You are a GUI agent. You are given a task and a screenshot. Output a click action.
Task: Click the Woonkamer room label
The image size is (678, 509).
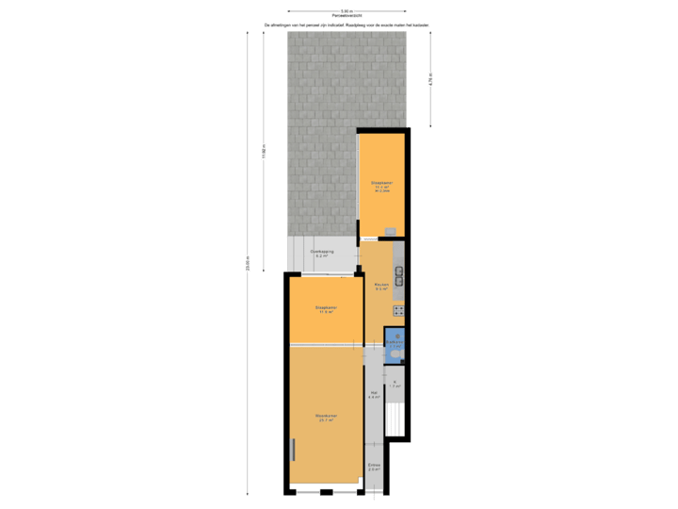(327, 417)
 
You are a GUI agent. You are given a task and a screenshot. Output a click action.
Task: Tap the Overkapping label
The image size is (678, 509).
(321, 254)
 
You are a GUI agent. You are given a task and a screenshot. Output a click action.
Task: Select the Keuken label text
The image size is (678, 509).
(381, 287)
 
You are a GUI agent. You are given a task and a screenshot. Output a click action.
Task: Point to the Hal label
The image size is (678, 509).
(374, 395)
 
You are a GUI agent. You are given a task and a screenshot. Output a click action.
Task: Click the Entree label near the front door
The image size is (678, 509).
(374, 467)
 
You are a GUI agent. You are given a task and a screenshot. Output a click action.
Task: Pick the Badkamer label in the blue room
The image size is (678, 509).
(395, 344)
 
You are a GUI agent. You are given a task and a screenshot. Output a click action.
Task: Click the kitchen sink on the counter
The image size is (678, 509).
(399, 275)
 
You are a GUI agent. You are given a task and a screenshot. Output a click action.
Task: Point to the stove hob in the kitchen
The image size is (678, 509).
(399, 309)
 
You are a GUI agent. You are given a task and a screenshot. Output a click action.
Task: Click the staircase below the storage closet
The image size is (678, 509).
(396, 419)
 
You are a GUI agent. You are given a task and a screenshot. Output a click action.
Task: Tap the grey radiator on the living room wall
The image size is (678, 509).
(294, 450)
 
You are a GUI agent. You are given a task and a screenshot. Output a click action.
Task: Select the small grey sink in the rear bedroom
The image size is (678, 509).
(390, 231)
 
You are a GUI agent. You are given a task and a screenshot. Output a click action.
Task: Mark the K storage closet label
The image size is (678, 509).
(396, 383)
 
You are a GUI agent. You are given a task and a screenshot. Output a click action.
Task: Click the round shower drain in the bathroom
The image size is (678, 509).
(396, 335)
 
